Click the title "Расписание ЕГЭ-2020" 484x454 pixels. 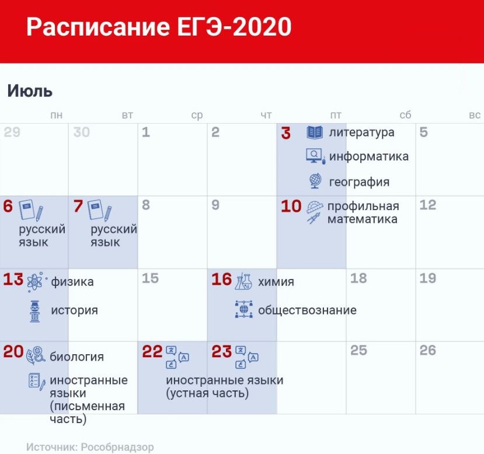point(159,27)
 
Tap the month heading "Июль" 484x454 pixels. point(30,91)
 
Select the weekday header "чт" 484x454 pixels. point(266,115)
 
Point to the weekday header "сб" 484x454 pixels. point(405,115)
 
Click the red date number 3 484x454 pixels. point(286,133)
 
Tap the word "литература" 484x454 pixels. point(361,132)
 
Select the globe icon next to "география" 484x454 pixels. point(315,181)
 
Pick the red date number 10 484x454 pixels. point(291,206)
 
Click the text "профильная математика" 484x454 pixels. point(363,212)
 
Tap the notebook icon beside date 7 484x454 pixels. point(99,210)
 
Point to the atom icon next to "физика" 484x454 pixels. point(35,281)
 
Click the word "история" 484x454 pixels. point(74,310)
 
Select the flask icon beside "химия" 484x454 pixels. point(243,281)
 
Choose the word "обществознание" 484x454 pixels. point(307,310)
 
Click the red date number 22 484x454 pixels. point(152,352)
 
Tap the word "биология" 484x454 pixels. point(76,357)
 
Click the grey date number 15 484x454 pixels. point(150,278)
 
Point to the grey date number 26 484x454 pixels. point(428,350)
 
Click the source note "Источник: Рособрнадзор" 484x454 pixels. point(90,447)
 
